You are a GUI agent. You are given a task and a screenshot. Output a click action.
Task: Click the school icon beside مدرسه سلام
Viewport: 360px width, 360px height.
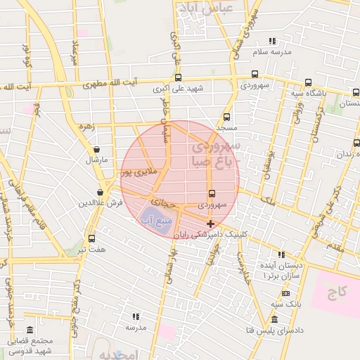(273, 41)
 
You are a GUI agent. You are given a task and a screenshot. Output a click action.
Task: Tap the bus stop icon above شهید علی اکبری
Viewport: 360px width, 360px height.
(178, 78)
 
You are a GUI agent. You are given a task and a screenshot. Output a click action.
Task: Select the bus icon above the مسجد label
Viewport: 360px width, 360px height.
(226, 117)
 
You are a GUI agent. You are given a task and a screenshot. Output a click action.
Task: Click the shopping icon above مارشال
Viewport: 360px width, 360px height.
(96, 149)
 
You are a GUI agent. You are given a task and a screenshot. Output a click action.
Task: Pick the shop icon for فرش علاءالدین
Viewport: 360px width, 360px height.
(101, 191)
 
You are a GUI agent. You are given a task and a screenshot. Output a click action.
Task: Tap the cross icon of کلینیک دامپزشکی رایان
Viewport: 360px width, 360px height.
(210, 223)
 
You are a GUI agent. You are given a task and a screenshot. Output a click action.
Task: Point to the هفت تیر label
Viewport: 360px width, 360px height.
(92, 249)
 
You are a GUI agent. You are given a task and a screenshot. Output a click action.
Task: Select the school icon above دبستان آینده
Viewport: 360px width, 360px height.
(282, 255)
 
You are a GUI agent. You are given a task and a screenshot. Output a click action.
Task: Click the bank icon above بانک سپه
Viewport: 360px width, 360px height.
(285, 292)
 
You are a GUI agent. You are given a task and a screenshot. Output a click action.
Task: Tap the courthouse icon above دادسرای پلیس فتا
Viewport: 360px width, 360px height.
(275, 319)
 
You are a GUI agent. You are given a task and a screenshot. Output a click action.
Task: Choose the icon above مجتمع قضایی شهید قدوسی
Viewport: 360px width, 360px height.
(30, 330)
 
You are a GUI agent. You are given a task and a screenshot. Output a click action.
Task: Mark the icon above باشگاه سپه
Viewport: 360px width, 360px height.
(308, 82)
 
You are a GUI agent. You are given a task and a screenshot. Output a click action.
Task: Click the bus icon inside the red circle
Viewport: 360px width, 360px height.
(212, 194)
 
